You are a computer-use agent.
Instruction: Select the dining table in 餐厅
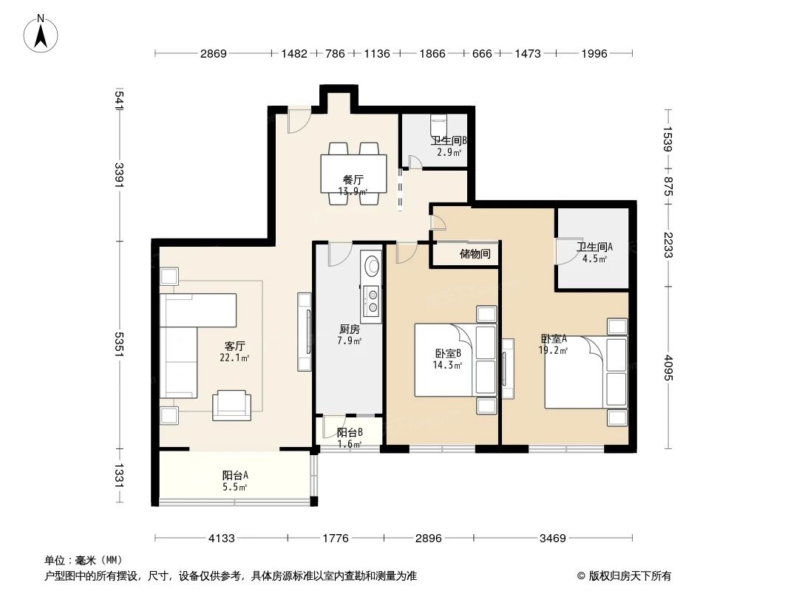[x=353, y=174]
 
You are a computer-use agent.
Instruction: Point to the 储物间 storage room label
[x=475, y=254]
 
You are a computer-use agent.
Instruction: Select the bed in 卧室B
[x=444, y=360]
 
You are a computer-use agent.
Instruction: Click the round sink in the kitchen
[x=371, y=265]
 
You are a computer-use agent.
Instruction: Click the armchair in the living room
[x=231, y=406]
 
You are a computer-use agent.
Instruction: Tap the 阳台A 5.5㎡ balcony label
[x=235, y=481]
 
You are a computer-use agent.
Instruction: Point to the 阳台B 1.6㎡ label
[x=349, y=438]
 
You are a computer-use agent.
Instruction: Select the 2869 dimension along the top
[x=212, y=53]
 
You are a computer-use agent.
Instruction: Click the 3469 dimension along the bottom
[x=552, y=538]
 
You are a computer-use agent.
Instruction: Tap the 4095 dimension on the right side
[x=668, y=368]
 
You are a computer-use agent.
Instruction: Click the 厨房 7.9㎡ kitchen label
[x=349, y=335]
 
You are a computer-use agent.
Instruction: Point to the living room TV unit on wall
[x=305, y=332]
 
